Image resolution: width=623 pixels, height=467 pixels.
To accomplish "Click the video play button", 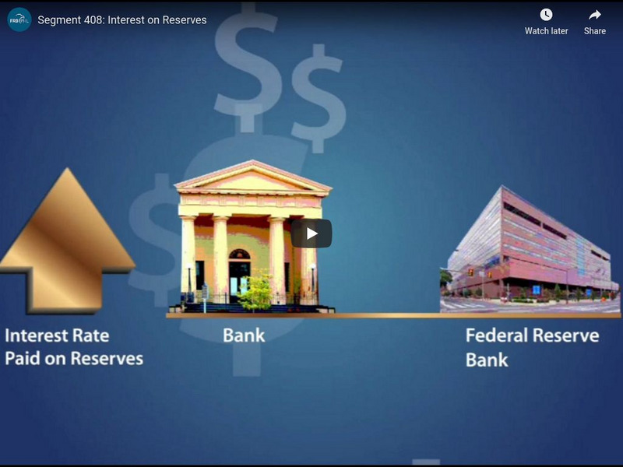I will click(311, 233).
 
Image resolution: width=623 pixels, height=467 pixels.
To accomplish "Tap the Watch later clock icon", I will click(546, 15).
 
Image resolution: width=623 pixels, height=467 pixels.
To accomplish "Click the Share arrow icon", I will click(595, 15).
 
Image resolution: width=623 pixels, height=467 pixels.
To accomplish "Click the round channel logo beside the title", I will click(19, 19).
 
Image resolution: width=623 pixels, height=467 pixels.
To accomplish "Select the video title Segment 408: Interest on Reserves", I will click(122, 19).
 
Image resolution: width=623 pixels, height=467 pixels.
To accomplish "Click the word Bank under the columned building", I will click(244, 336).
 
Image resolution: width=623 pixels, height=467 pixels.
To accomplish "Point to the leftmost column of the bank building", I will click(188, 257).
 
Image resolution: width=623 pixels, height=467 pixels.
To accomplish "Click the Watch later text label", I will click(546, 31).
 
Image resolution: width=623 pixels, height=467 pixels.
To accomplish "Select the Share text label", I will click(595, 31).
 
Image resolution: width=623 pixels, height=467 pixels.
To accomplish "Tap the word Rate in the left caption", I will click(91, 336).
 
